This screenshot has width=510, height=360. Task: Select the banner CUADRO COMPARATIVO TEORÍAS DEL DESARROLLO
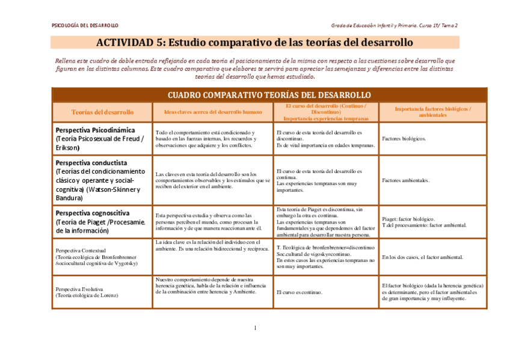(x=269, y=95)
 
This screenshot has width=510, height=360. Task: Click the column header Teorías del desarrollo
(x=102, y=112)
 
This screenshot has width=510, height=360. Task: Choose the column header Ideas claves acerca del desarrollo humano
(x=213, y=112)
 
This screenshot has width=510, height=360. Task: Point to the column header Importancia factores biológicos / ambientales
(x=432, y=112)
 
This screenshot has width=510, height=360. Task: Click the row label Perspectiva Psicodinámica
(x=95, y=130)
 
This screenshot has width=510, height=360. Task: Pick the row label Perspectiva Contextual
(x=81, y=250)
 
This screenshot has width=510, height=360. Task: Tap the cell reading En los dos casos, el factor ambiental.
(x=423, y=257)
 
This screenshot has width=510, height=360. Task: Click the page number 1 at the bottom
(x=255, y=328)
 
